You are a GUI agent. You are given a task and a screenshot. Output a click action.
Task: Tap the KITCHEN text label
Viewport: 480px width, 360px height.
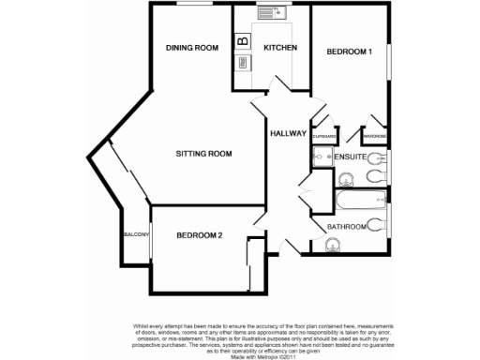280,48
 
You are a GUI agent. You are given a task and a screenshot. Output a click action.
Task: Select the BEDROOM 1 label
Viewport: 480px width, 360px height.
349,52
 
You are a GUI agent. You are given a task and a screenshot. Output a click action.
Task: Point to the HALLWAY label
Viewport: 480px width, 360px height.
288,134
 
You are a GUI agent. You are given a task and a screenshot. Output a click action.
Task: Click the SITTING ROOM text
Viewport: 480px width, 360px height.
203,153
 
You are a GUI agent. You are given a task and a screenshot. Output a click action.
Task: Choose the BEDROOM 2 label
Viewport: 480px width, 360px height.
199,235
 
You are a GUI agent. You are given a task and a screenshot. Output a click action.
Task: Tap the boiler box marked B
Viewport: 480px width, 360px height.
243,41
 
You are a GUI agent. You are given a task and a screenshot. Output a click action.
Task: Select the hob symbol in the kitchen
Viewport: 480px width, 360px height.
243,63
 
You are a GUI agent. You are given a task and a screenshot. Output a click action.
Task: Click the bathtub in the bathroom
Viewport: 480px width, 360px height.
360,199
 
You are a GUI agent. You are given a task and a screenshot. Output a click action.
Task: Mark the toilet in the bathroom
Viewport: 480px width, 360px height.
375,225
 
